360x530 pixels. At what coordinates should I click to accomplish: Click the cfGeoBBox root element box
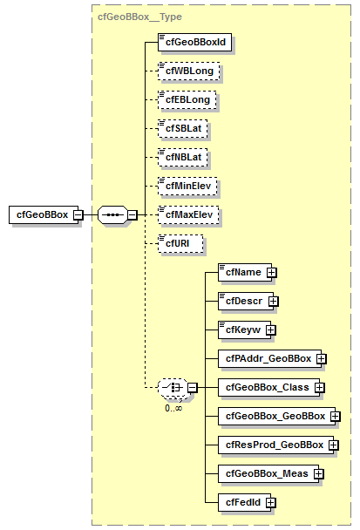click(40, 214)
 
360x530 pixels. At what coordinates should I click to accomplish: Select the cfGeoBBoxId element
click(186, 41)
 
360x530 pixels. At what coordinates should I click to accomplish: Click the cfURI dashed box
click(179, 243)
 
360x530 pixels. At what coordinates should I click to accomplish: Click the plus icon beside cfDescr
click(274, 302)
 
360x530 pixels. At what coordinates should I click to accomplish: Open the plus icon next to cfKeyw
click(271, 330)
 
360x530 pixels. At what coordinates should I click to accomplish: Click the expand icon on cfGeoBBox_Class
click(320, 387)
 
